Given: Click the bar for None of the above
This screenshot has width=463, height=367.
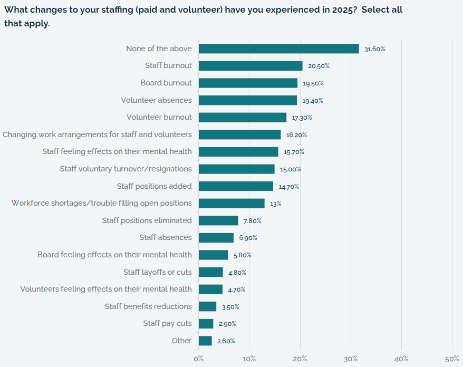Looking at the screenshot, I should pos(278,49).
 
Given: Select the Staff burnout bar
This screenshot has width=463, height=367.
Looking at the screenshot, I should pos(250,66).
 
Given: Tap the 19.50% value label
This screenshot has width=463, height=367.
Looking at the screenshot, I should pos(313,83).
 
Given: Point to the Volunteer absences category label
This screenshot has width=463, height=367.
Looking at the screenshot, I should pos(156,100).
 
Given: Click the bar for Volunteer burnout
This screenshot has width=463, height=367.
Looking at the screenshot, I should pos(242,117).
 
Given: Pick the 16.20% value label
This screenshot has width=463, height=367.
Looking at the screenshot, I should pos(296,135).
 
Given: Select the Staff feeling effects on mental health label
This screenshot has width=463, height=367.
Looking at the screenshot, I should pos(117,151).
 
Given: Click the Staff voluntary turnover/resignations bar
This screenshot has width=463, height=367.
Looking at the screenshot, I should pos(236,169).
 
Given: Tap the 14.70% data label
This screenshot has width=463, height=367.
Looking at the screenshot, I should pos(289,187).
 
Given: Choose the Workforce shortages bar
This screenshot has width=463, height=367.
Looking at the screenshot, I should pos(231,203).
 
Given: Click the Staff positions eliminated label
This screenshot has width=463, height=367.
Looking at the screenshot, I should pos(147,220).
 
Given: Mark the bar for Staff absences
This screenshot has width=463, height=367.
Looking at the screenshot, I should pos(216,237).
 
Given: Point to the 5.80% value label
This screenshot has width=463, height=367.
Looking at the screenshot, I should pos(242,255).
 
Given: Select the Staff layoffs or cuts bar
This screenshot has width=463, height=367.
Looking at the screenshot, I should pos(210,272).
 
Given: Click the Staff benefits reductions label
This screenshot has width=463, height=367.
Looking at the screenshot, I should pos(148,306).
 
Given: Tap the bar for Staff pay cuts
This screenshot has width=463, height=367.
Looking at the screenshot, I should pos(206,323).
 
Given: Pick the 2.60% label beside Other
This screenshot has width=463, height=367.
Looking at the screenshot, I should pos(226,341).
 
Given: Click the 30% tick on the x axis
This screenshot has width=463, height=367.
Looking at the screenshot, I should pos(351,359).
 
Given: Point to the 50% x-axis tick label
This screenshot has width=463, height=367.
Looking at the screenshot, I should pos(452,359).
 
